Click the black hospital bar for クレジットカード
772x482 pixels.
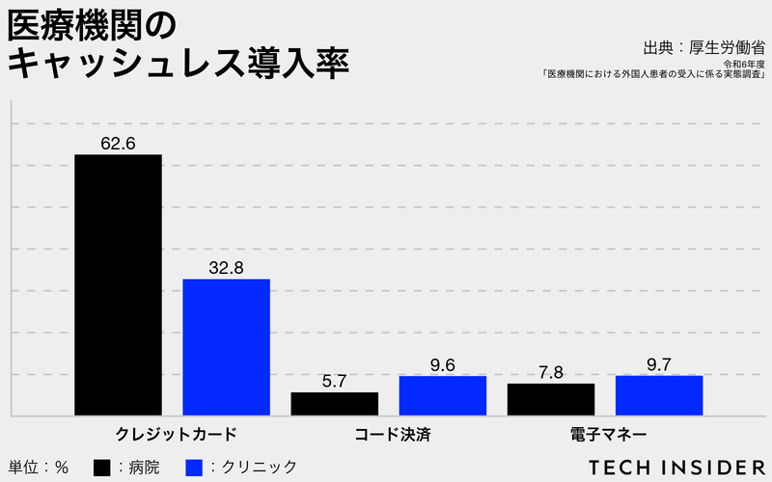click(118, 285)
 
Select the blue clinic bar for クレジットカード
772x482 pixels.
click(226, 347)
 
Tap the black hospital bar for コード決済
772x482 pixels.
click(334, 404)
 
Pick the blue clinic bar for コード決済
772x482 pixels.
click(442, 395)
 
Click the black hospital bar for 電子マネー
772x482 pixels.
click(550, 399)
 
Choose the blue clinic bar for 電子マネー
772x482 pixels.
click(658, 395)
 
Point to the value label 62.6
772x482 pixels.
click(118, 144)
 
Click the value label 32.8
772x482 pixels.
click(226, 268)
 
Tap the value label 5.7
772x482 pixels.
click(334, 381)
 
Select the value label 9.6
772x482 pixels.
click(442, 364)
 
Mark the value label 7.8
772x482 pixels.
click(550, 372)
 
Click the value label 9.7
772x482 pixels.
click(658, 364)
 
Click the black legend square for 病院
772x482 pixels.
click(102, 467)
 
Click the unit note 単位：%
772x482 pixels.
click(39, 467)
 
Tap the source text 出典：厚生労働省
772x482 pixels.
click(703, 48)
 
